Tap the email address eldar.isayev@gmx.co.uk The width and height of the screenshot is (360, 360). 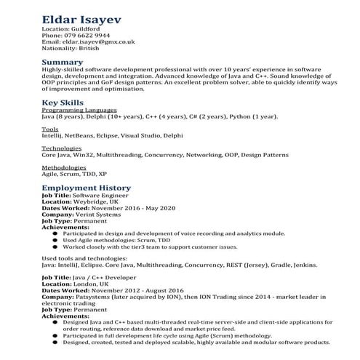(99, 42)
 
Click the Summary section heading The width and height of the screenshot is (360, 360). (63, 62)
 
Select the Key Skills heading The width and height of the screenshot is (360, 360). (63, 103)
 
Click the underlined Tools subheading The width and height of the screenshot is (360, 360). (50, 129)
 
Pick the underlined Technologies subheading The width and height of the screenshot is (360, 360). (62, 149)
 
